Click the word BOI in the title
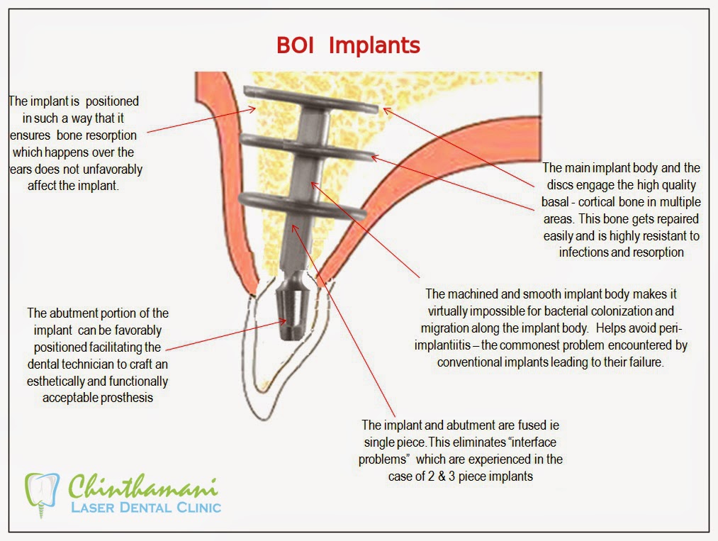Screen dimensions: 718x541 point(295,45)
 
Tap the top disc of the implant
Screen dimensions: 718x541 point(311,99)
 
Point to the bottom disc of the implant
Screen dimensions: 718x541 point(302,204)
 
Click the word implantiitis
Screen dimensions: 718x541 point(442,345)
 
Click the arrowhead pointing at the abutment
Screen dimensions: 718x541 point(283,322)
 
